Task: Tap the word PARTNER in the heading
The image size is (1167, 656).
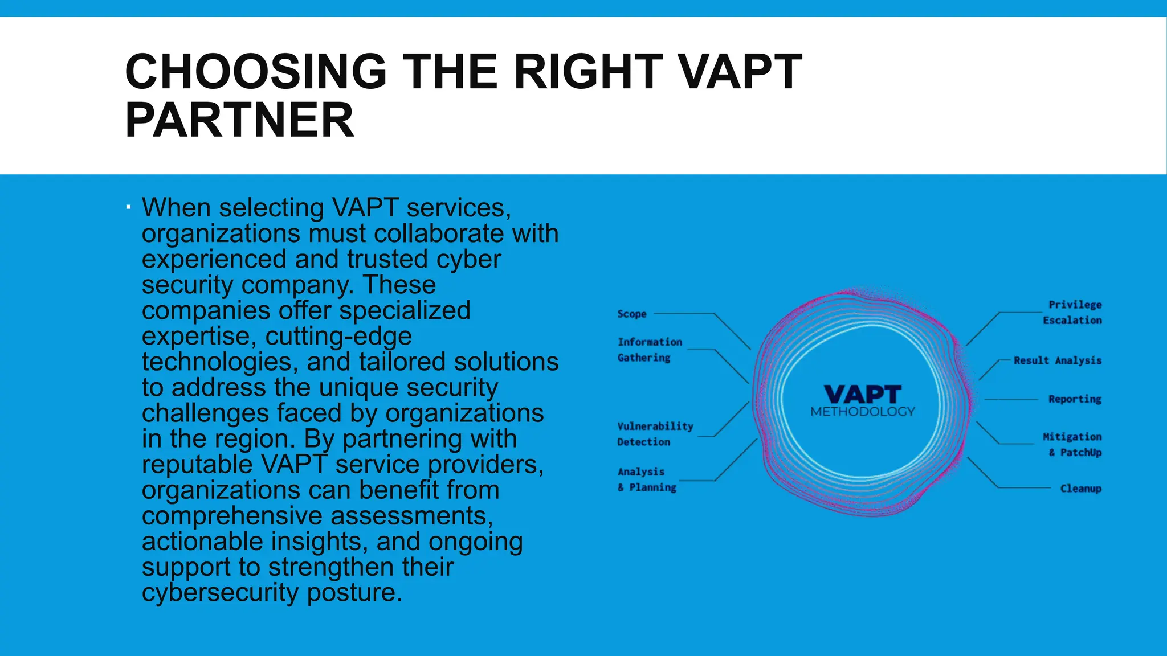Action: [239, 120]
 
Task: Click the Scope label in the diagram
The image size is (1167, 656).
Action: [632, 314]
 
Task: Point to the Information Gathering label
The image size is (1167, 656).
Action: [650, 350]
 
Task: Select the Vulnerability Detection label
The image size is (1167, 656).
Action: [655, 434]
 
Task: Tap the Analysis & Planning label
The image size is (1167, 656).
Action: [647, 479]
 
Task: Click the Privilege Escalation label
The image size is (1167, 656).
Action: [1072, 312]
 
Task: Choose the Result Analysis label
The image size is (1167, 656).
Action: [1058, 360]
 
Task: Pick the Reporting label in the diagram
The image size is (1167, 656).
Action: [1075, 399]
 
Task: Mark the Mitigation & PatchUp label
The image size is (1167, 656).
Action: [1072, 444]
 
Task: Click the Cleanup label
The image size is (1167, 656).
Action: [1080, 489]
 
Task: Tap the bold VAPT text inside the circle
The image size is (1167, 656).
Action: [863, 394]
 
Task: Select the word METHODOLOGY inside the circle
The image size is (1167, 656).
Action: [863, 412]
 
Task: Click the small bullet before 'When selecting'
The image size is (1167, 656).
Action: [129, 207]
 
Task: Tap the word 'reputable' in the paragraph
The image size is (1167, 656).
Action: [197, 465]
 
